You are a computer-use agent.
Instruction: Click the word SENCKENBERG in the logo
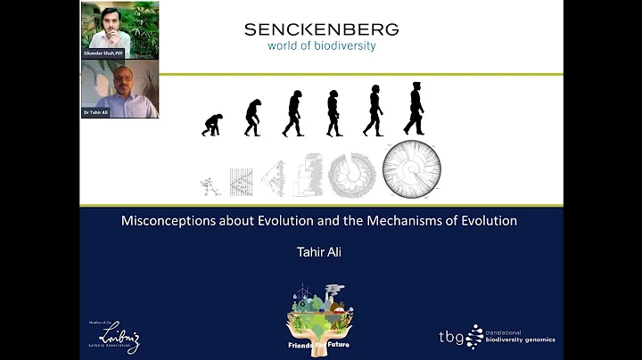click(x=321, y=29)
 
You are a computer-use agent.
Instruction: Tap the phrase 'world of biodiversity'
click(x=321, y=45)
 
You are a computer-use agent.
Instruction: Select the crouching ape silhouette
click(x=212, y=125)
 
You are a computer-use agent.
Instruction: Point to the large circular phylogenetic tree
click(x=412, y=169)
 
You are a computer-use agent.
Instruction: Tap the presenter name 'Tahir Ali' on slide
click(x=320, y=252)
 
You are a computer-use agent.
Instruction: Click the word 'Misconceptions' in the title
click(x=166, y=221)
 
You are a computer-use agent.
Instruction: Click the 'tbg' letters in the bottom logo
click(x=452, y=337)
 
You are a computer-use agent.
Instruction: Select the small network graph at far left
click(x=211, y=185)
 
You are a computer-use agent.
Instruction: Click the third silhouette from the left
click(x=292, y=114)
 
